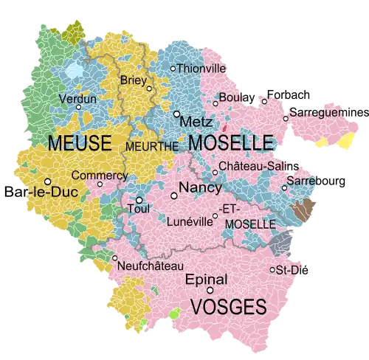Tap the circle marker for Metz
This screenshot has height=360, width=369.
[x=176, y=114]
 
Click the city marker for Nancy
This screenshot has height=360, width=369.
[x=174, y=195]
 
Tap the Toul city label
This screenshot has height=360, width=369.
[x=139, y=209]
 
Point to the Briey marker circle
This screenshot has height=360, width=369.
[x=149, y=89]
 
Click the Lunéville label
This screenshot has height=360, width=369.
[x=190, y=220]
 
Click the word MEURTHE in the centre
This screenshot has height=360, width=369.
[x=152, y=146]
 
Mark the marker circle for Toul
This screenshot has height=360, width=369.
[x=139, y=200]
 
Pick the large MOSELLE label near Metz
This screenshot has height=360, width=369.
[x=230, y=142]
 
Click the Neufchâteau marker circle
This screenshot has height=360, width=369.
[x=114, y=258]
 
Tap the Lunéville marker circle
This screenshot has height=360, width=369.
[x=215, y=216]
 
